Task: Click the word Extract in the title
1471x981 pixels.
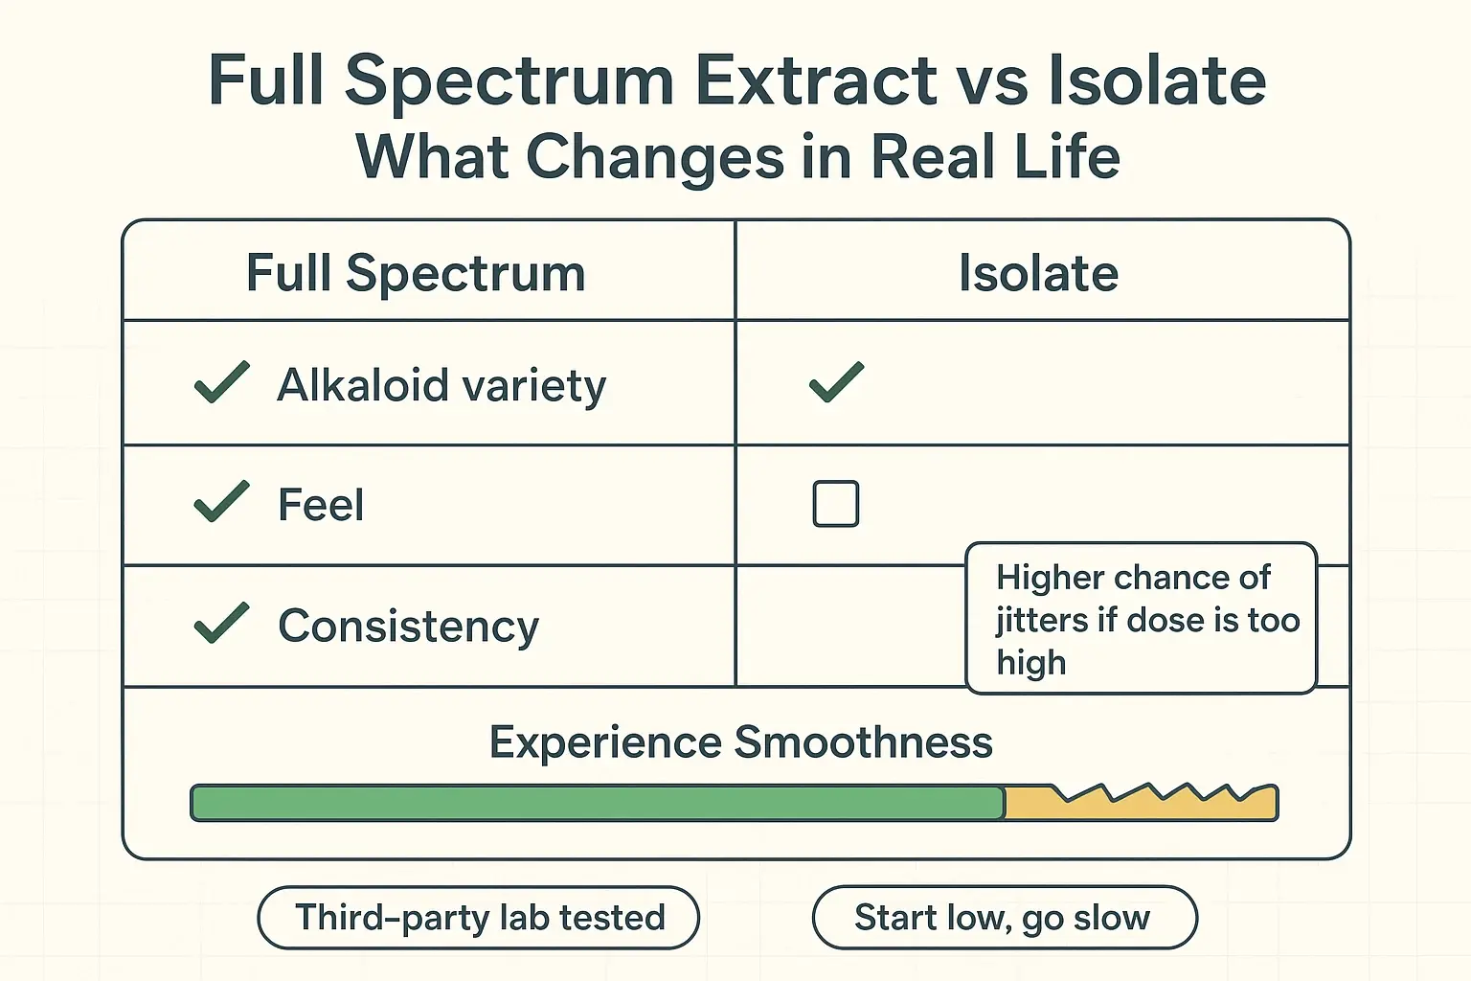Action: (815, 80)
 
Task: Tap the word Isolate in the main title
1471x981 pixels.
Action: (1157, 80)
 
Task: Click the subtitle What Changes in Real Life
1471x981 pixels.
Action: (737, 157)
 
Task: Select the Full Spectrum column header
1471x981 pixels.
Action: (416, 273)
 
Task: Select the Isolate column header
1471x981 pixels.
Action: (1038, 273)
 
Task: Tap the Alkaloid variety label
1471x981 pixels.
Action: (441, 386)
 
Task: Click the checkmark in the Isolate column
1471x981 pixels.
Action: (836, 382)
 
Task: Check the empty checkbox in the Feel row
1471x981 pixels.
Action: (835, 504)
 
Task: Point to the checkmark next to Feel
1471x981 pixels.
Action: (222, 502)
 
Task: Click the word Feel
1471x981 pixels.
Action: (321, 505)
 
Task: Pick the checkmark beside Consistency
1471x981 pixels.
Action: (222, 624)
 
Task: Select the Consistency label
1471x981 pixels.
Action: (408, 627)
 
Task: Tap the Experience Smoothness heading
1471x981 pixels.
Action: (740, 742)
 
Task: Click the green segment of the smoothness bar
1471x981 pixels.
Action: (597, 803)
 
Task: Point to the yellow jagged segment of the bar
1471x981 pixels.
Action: (1140, 805)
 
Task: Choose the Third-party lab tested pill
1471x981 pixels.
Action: (479, 918)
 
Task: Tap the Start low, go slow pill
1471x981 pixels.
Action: (1004, 918)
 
